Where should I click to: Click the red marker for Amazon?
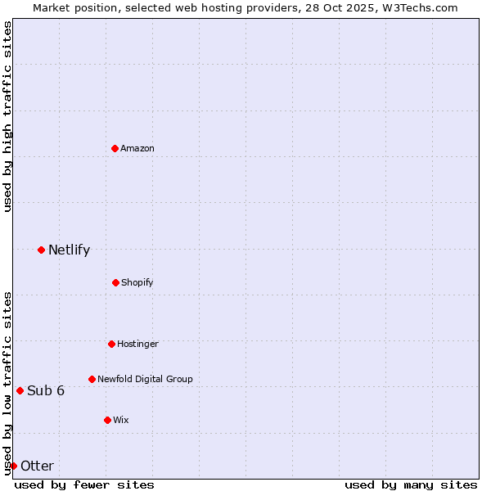[115, 148]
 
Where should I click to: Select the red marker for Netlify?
[41, 250]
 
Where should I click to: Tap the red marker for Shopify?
[115, 282]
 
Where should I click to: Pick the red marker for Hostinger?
[111, 344]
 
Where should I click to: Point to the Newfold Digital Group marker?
[92, 379]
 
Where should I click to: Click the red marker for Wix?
[107, 420]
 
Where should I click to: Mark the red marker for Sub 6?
[20, 390]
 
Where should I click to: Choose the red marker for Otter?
[13, 466]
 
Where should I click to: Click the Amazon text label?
[137, 148]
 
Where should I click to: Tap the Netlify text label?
[69, 250]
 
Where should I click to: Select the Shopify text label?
[137, 282]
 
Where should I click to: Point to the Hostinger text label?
[137, 344]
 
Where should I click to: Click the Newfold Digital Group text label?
[145, 379]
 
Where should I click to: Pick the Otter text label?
[37, 466]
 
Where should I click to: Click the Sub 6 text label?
[46, 390]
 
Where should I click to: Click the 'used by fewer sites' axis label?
[84, 484]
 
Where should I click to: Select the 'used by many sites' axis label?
[411, 484]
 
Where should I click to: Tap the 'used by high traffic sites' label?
[7, 117]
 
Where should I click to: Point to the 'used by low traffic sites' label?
[7, 382]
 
